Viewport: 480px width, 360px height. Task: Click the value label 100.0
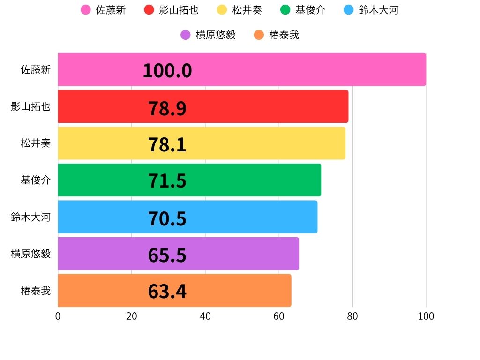[x=167, y=71]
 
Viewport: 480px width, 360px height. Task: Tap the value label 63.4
[x=167, y=291]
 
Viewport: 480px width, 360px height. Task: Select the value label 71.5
[x=167, y=181]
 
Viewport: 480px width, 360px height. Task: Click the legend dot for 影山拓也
[x=149, y=10]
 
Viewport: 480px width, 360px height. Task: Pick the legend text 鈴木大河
[x=378, y=10]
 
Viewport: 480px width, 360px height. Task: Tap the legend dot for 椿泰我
[x=259, y=35]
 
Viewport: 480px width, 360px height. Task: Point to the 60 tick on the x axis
[x=279, y=316]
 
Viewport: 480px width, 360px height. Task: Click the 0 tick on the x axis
[x=58, y=316]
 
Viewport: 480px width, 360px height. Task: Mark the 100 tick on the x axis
[x=426, y=316]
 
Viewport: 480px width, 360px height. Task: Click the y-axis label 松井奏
[x=36, y=143]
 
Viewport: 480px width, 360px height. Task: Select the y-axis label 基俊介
[x=36, y=180]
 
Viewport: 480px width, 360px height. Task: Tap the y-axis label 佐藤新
[x=36, y=70]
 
